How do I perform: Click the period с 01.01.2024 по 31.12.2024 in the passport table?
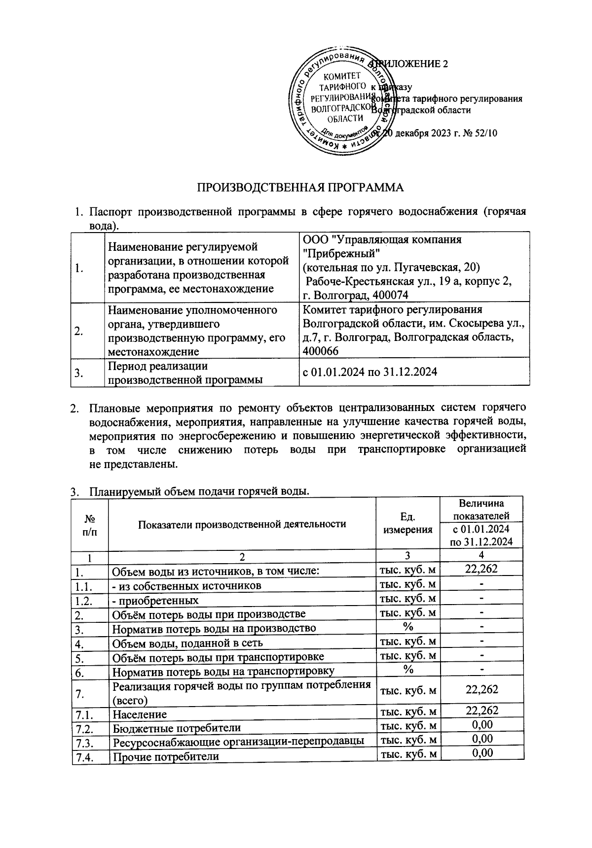(x=370, y=372)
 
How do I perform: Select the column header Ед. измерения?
(x=407, y=523)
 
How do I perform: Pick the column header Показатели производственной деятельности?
(x=242, y=524)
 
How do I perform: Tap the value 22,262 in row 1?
(x=481, y=569)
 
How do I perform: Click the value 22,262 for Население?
(x=481, y=710)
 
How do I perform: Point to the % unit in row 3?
(x=407, y=627)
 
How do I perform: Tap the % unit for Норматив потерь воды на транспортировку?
(x=407, y=669)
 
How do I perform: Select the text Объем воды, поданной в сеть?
(x=187, y=643)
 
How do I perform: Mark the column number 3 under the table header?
(x=407, y=556)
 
